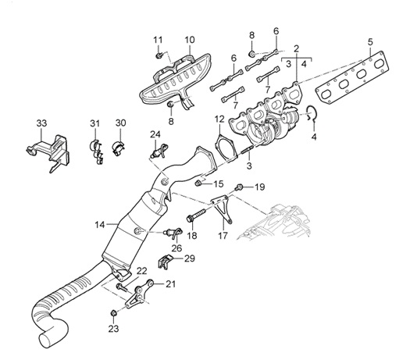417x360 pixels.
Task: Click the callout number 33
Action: [x=41, y=123]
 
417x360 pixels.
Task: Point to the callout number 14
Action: [x=99, y=224]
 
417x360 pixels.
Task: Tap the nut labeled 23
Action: [x=113, y=315]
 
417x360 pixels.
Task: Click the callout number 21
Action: [x=170, y=283]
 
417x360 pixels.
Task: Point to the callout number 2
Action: [x=296, y=48]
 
